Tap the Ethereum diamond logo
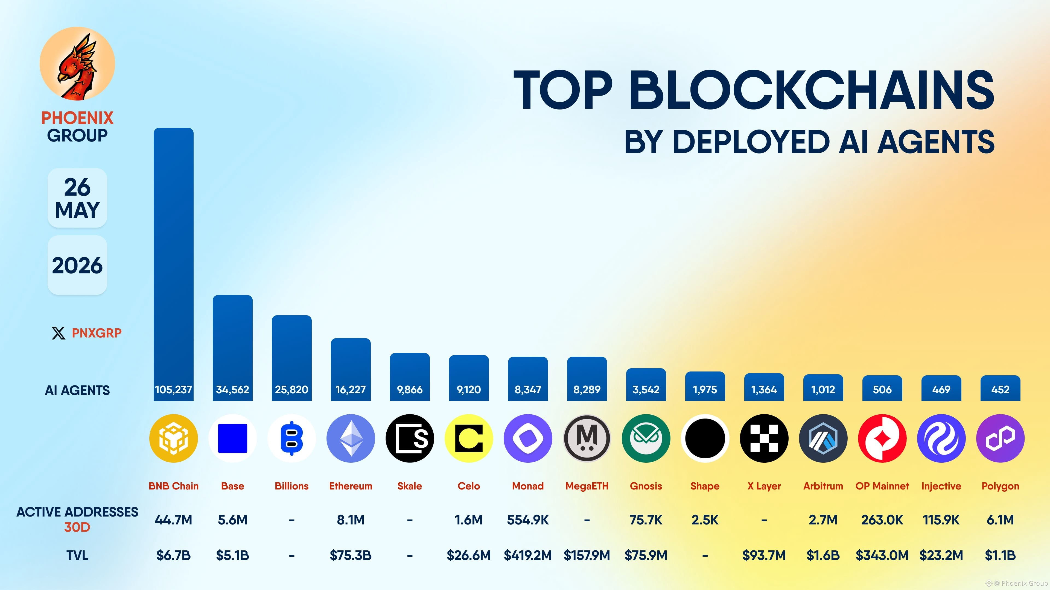(351, 438)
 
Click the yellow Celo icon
(469, 438)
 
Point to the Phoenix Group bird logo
(77, 64)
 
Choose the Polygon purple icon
(1000, 438)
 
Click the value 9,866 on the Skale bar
(410, 390)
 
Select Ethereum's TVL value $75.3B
(351, 555)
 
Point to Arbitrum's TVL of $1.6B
(823, 555)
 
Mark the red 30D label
(77, 527)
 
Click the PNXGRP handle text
(97, 333)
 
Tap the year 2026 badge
(77, 265)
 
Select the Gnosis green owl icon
(646, 438)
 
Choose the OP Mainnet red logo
(882, 438)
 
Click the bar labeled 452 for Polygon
(1000, 388)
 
